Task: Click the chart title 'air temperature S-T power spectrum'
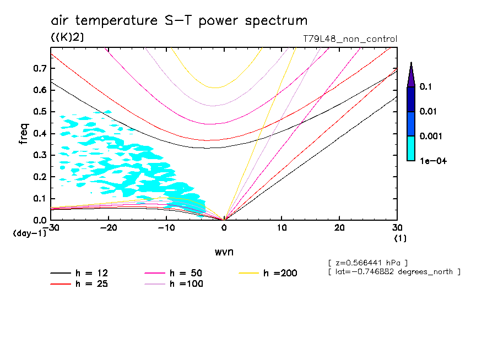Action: click(x=179, y=21)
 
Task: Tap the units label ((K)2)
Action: click(x=67, y=37)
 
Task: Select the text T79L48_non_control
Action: click(x=350, y=39)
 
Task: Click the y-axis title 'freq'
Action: click(x=24, y=133)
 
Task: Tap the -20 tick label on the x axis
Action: click(x=109, y=228)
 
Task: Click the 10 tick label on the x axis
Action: click(x=282, y=228)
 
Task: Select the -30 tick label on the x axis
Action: click(x=51, y=228)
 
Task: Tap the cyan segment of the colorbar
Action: click(x=411, y=148)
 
